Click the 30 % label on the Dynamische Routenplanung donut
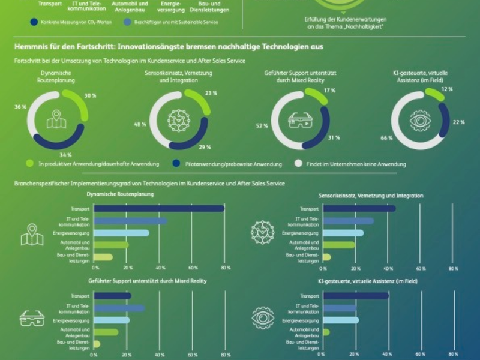pos(91,96)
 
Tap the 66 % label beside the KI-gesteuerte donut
pos(386,139)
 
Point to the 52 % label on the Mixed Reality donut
pos(262,126)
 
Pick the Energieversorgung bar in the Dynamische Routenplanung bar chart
pos(122,233)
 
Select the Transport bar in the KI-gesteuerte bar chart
pos(356,296)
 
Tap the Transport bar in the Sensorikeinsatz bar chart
pos(359,208)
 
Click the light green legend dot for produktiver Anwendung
pos(29,163)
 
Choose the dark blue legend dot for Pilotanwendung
pos(176,163)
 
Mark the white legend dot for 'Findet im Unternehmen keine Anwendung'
pos(297,163)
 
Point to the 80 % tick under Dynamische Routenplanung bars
pos(224,268)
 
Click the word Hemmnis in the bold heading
pos(30,46)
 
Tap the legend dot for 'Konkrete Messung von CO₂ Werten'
pos(34,22)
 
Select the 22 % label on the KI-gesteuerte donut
pos(459,122)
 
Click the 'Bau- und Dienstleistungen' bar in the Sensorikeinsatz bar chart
pos(327,257)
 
